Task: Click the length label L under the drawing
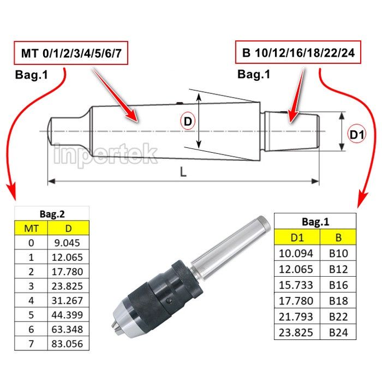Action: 183,172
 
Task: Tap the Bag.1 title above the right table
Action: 315,222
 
